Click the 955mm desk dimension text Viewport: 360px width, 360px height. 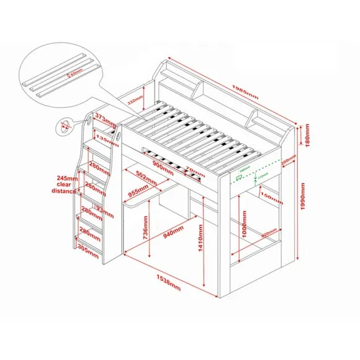coord(138,193)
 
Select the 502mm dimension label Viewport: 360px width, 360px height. coord(145,177)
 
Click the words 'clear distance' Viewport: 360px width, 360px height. coord(63,188)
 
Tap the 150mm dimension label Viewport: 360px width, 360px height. coord(268,197)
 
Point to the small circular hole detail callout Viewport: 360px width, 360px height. coord(64,127)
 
